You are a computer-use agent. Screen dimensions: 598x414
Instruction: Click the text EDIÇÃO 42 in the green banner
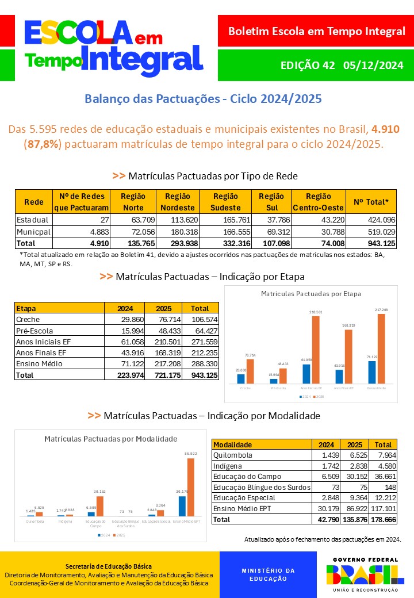pos(307,65)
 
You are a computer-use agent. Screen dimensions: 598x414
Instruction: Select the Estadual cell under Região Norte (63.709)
pos(129,220)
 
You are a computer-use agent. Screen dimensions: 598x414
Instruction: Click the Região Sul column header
pos(271,201)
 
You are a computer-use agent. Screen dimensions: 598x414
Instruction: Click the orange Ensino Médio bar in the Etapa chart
pos(382,348)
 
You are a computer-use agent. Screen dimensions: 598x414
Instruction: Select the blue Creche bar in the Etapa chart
pos(240,378)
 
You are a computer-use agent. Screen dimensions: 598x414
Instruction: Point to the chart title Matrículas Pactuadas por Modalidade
pos(111,439)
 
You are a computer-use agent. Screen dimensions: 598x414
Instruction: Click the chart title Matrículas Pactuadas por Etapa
pos(311,294)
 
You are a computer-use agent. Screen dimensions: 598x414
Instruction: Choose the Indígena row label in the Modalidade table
pos(228,466)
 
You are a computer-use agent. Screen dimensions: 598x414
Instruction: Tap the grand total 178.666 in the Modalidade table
pos(383,519)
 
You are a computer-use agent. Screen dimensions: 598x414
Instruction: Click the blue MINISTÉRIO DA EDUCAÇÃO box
pos(268,574)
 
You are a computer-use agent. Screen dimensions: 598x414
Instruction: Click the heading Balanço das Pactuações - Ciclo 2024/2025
pos(203,98)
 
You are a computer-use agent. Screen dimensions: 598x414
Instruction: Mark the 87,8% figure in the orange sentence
pos(43,144)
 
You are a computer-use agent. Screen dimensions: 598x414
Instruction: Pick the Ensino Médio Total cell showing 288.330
pos(204,364)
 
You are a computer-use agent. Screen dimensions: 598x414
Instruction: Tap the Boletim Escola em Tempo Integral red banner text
pos(316,31)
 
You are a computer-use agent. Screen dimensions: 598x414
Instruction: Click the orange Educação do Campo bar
pos(100,506)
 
